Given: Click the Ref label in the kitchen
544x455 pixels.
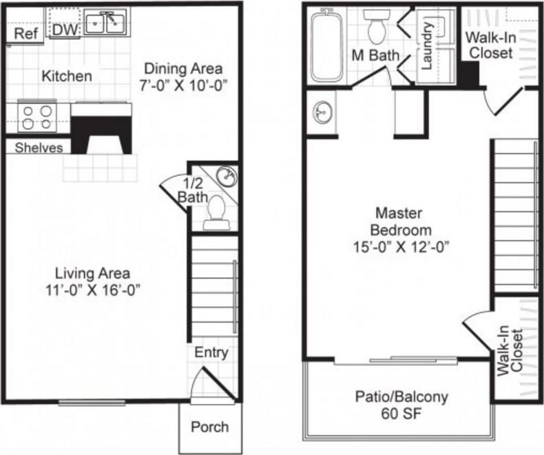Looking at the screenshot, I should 25,33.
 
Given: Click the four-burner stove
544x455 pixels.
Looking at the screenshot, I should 36,117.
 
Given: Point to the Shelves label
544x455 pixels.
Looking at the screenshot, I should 39,148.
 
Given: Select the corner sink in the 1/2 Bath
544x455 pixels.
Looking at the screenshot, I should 226,176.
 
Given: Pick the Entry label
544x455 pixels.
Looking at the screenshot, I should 211,353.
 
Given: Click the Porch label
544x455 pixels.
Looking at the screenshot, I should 209,427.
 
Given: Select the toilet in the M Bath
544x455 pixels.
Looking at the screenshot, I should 377,28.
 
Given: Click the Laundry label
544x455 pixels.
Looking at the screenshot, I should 426,46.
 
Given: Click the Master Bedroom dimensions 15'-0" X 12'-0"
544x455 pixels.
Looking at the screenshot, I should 403,245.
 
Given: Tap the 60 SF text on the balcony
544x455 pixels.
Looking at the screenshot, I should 401,414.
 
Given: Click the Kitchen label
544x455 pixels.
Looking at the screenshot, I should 67,76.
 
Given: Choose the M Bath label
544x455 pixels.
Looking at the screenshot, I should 375,55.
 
